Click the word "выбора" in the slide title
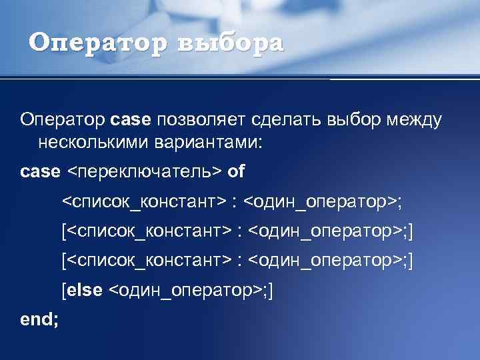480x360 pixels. [x=231, y=43]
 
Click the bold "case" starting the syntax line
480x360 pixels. [x=40, y=172]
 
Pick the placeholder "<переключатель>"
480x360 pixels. [x=144, y=172]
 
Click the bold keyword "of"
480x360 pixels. [x=236, y=172]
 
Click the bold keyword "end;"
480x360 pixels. [x=39, y=319]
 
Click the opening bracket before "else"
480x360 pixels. [x=64, y=291]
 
